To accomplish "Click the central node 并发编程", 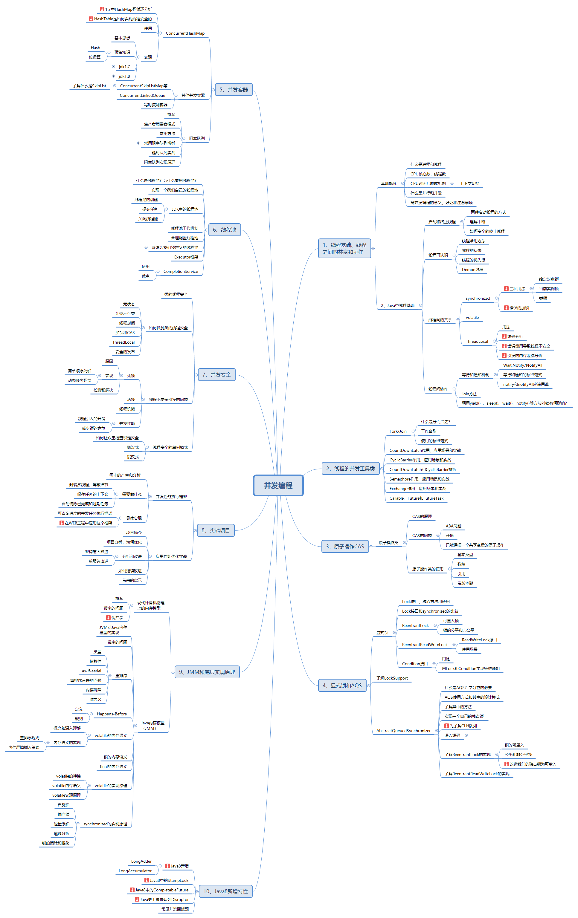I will pos(278,485).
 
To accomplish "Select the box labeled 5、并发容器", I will pos(234,90).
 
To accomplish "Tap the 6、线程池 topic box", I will pos(224,229).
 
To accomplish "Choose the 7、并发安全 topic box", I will pos(216,375).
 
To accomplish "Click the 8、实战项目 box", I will pos(216,530).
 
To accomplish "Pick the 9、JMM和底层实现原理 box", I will pos(207,672).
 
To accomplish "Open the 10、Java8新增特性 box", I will pos(225,891).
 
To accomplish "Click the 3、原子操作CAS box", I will pos(345,546).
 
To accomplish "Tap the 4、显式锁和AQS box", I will pos(342,686).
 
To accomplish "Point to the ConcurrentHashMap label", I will pos(185,33).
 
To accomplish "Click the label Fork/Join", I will pos(398,431).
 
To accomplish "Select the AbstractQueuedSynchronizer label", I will pos(403,731).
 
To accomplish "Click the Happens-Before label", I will pos(112,714).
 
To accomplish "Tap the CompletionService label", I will pos(181,271).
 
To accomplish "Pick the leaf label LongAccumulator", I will pos(135,871).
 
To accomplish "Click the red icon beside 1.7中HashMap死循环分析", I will pos(102,9).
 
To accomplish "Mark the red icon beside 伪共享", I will pos(108,618).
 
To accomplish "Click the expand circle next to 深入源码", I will pos(466,735).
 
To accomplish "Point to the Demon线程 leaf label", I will pos(472,270).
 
